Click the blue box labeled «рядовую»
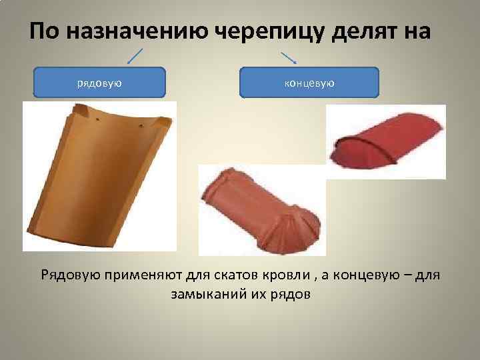[99, 83]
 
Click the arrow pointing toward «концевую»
[288, 57]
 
